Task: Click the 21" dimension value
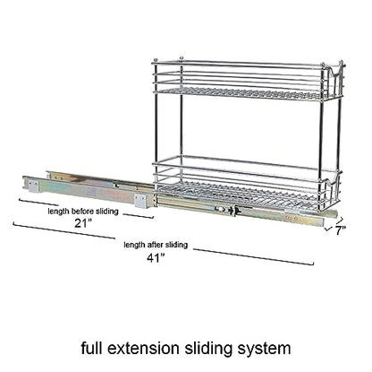point(82,223)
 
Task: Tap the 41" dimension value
point(156,257)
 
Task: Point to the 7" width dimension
point(341,230)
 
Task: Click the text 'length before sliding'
point(83,212)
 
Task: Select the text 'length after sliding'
point(156,245)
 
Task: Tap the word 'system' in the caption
point(264,349)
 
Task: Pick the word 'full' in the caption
point(91,348)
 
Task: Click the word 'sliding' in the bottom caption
point(207,349)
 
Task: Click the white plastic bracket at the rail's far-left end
point(33,186)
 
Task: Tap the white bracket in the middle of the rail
point(140,202)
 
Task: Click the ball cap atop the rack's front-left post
point(156,61)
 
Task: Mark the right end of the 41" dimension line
point(314,264)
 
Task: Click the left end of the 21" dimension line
point(20,199)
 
